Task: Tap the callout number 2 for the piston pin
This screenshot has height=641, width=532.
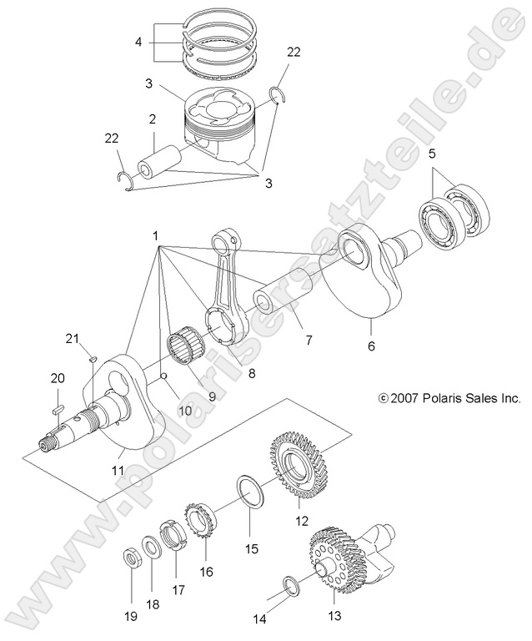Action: coord(153,120)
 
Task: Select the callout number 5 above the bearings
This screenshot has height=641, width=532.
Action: coord(431,154)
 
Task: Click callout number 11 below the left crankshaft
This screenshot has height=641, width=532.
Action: coord(118,471)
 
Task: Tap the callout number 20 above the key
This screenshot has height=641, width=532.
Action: coord(58,378)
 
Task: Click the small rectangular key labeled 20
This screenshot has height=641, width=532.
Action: coord(58,409)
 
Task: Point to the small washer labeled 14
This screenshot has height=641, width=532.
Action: coord(289,586)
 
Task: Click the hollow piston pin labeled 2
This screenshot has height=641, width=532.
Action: coord(161,161)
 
